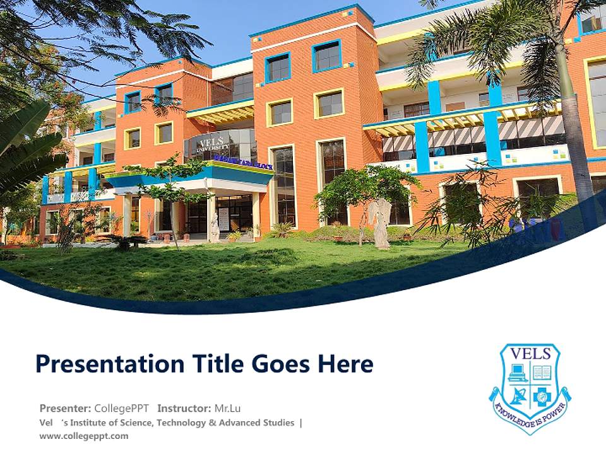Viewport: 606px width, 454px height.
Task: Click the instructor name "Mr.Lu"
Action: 227,408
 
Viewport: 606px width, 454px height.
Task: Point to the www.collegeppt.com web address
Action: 84,436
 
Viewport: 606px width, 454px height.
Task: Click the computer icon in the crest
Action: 518,372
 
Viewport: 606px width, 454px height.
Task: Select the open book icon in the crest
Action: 542,372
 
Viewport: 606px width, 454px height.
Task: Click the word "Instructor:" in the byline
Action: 184,408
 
